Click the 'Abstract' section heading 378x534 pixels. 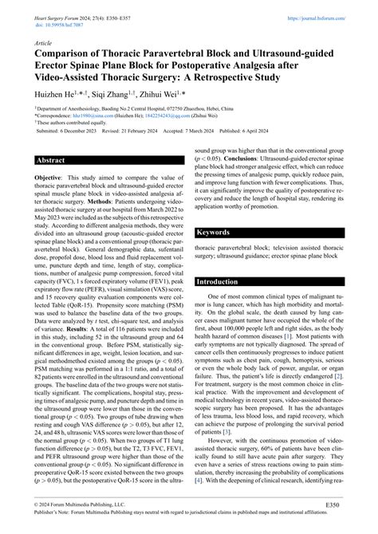(x=52, y=183)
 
